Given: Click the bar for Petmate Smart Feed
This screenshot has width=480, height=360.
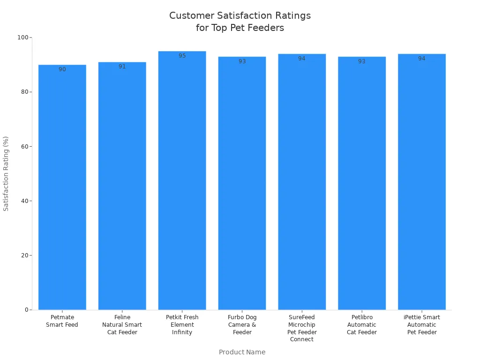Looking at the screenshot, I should (62, 187).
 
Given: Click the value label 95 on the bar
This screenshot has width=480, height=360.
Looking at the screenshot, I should (182, 56).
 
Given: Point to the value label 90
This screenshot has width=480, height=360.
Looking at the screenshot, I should (62, 69).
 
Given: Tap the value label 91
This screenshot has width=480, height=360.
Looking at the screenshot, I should (122, 67).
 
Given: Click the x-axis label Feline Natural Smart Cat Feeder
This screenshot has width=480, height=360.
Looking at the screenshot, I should (122, 325).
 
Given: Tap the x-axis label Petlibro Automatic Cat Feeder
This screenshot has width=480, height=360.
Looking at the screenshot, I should (362, 325).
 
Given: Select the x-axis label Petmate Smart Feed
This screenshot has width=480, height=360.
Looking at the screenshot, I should (62, 321).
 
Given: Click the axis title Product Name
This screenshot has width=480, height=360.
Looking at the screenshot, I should (242, 352).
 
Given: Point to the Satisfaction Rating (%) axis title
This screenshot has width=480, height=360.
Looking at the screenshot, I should (6, 173).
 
